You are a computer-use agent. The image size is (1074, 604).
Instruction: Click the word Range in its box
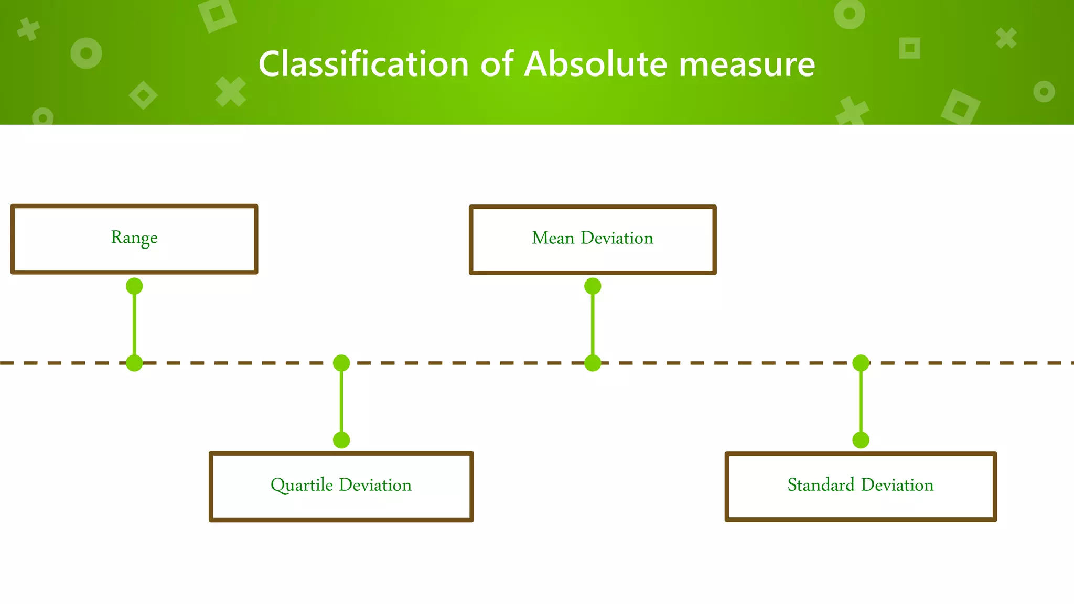click(134, 238)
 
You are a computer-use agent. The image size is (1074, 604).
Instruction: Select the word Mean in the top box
click(553, 238)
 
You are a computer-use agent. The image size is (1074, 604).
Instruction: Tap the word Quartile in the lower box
click(302, 485)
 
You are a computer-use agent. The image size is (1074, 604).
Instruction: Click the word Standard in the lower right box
click(821, 485)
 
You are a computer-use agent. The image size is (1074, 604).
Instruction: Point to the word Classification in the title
click(363, 64)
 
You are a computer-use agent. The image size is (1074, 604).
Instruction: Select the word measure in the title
click(747, 64)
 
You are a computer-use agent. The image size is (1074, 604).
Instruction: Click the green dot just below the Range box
click(134, 286)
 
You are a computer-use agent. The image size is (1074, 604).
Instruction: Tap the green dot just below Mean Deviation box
click(593, 286)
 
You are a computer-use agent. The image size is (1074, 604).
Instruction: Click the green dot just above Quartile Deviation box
click(341, 440)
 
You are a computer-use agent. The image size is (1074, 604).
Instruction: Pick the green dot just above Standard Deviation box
click(861, 440)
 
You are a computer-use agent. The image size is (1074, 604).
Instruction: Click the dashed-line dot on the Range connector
click(134, 363)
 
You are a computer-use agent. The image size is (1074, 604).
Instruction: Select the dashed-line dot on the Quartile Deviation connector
click(341, 363)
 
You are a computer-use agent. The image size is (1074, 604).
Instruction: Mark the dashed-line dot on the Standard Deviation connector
click(861, 363)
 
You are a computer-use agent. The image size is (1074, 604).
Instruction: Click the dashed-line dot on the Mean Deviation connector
click(593, 363)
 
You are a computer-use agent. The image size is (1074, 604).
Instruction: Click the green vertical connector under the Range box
click(134, 325)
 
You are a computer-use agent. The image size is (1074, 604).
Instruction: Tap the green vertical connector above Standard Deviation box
click(861, 402)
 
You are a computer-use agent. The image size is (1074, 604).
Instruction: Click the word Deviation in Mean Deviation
click(617, 238)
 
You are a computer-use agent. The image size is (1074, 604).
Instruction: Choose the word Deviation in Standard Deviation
click(897, 485)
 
